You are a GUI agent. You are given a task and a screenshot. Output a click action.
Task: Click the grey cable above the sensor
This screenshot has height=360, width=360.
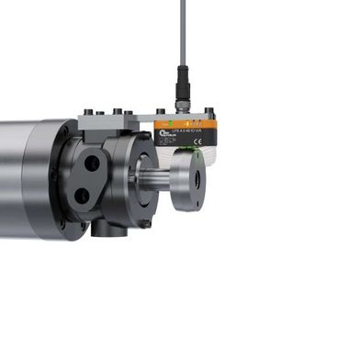pyautogui.click(x=183, y=37)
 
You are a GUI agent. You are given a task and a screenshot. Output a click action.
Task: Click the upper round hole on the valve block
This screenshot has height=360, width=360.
pyautogui.click(x=92, y=164)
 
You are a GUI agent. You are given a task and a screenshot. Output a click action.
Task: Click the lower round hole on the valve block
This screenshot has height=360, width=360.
pyautogui.click(x=83, y=195)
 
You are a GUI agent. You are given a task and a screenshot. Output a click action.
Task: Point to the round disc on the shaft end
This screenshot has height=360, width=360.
pyautogui.click(x=189, y=179)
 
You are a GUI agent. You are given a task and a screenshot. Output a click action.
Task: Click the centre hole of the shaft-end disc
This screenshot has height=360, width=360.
pyautogui.click(x=196, y=179)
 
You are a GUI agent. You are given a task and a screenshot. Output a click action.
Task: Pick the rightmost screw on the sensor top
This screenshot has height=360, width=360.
pyautogui.click(x=209, y=113)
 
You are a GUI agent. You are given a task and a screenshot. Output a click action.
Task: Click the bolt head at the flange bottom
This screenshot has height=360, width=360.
pyautogui.click(x=145, y=224)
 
